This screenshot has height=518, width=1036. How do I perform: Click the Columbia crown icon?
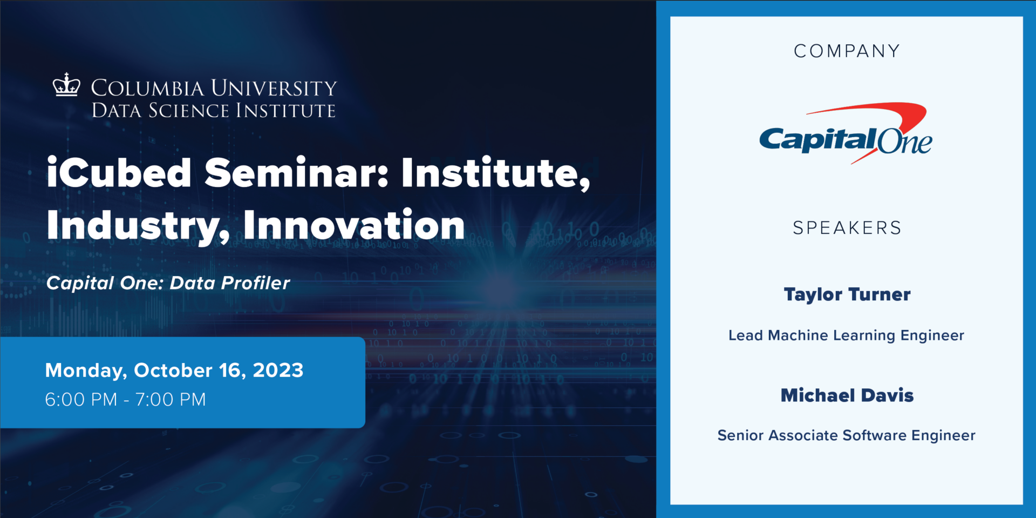click(66, 85)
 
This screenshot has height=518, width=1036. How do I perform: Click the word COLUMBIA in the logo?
click(147, 88)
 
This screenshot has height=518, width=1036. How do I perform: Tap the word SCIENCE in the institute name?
click(189, 111)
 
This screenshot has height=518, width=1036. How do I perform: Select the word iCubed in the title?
click(119, 173)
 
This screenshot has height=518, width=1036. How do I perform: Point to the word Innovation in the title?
click(354, 225)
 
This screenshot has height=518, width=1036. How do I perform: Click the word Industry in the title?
click(138, 225)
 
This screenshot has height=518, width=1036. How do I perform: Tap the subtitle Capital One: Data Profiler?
click(168, 283)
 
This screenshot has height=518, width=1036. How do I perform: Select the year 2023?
click(278, 371)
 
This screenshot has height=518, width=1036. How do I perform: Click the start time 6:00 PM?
click(81, 400)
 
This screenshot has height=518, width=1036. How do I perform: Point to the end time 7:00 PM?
click(171, 400)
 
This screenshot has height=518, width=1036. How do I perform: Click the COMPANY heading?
click(847, 51)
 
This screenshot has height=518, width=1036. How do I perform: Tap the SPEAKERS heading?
click(847, 228)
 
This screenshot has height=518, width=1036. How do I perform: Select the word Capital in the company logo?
click(816, 140)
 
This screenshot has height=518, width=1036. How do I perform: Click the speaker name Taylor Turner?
click(847, 295)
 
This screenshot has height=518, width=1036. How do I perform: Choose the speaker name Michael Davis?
click(847, 396)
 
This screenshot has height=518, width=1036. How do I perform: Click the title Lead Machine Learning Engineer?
click(846, 335)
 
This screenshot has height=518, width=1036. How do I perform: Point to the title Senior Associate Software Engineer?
click(846, 435)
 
